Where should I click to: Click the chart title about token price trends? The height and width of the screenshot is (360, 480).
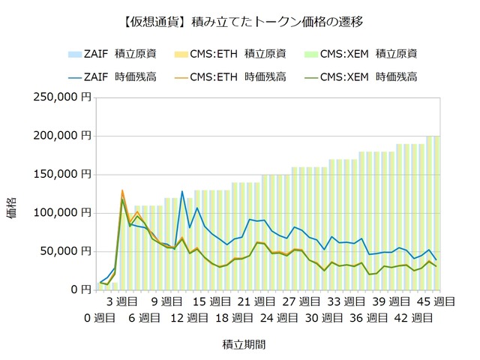tap(240, 22)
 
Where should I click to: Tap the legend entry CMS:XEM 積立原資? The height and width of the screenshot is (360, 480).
tap(371, 53)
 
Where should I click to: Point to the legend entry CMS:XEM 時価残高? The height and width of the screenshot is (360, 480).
tap(371, 76)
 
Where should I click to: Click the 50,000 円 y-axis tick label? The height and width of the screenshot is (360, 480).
tap(67, 251)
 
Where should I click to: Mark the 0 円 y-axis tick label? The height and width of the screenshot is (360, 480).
tap(80, 289)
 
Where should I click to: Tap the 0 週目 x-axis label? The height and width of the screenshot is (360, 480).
tap(100, 317)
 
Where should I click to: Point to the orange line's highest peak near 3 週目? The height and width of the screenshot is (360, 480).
tap(122, 190)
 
